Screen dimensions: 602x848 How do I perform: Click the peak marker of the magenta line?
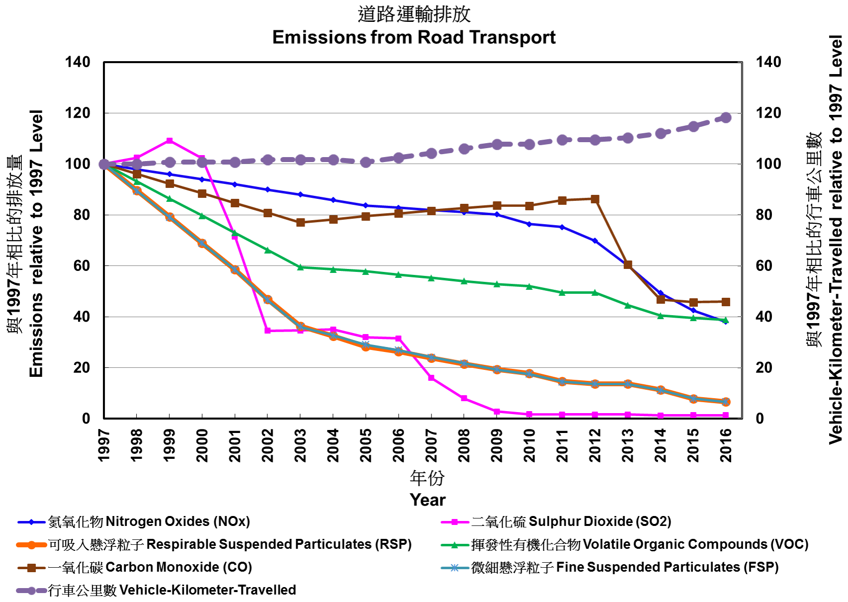pos(170,141)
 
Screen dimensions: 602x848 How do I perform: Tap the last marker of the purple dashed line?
pos(726,117)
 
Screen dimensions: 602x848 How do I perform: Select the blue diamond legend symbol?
pos(31,522)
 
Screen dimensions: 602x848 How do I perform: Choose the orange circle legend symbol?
pos(31,545)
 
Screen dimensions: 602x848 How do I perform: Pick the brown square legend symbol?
pos(31,568)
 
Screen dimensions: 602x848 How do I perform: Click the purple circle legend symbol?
pos(31,591)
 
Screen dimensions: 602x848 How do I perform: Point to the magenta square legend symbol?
pos(454,522)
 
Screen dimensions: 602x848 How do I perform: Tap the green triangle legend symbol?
pos(454,545)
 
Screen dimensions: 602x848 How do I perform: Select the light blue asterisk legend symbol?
pos(454,568)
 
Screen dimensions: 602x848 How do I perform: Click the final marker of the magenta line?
pos(726,415)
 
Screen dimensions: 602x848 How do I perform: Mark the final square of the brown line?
pos(726,302)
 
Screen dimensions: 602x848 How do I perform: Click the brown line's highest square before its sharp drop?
pos(594,199)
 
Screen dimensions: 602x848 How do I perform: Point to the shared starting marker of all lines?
pos(104,164)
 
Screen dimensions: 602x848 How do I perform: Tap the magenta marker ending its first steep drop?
pos(267,331)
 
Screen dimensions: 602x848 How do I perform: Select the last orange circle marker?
pos(726,402)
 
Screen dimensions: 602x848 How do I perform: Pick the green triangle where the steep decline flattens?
pos(300,267)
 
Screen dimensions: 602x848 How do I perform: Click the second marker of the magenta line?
pos(137,158)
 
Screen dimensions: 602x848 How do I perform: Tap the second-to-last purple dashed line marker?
pos(693,126)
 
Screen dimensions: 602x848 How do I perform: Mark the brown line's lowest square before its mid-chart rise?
pos(300,222)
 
